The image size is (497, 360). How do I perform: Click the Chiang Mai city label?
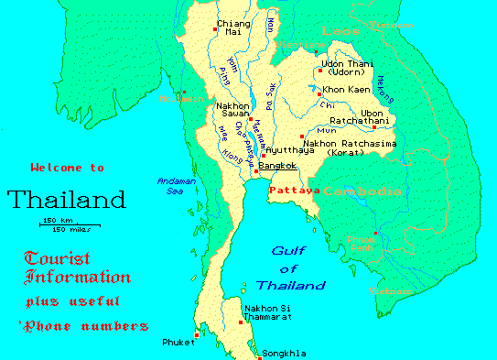[x=232, y=27]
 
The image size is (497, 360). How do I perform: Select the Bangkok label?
[x=277, y=166]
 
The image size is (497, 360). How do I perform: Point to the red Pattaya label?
[x=294, y=191]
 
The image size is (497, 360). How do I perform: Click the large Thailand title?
[x=66, y=199]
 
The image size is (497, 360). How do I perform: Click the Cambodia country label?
[x=362, y=191]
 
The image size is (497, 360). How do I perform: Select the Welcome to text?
[x=67, y=168]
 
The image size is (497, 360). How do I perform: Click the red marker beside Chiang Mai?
[x=214, y=29]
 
